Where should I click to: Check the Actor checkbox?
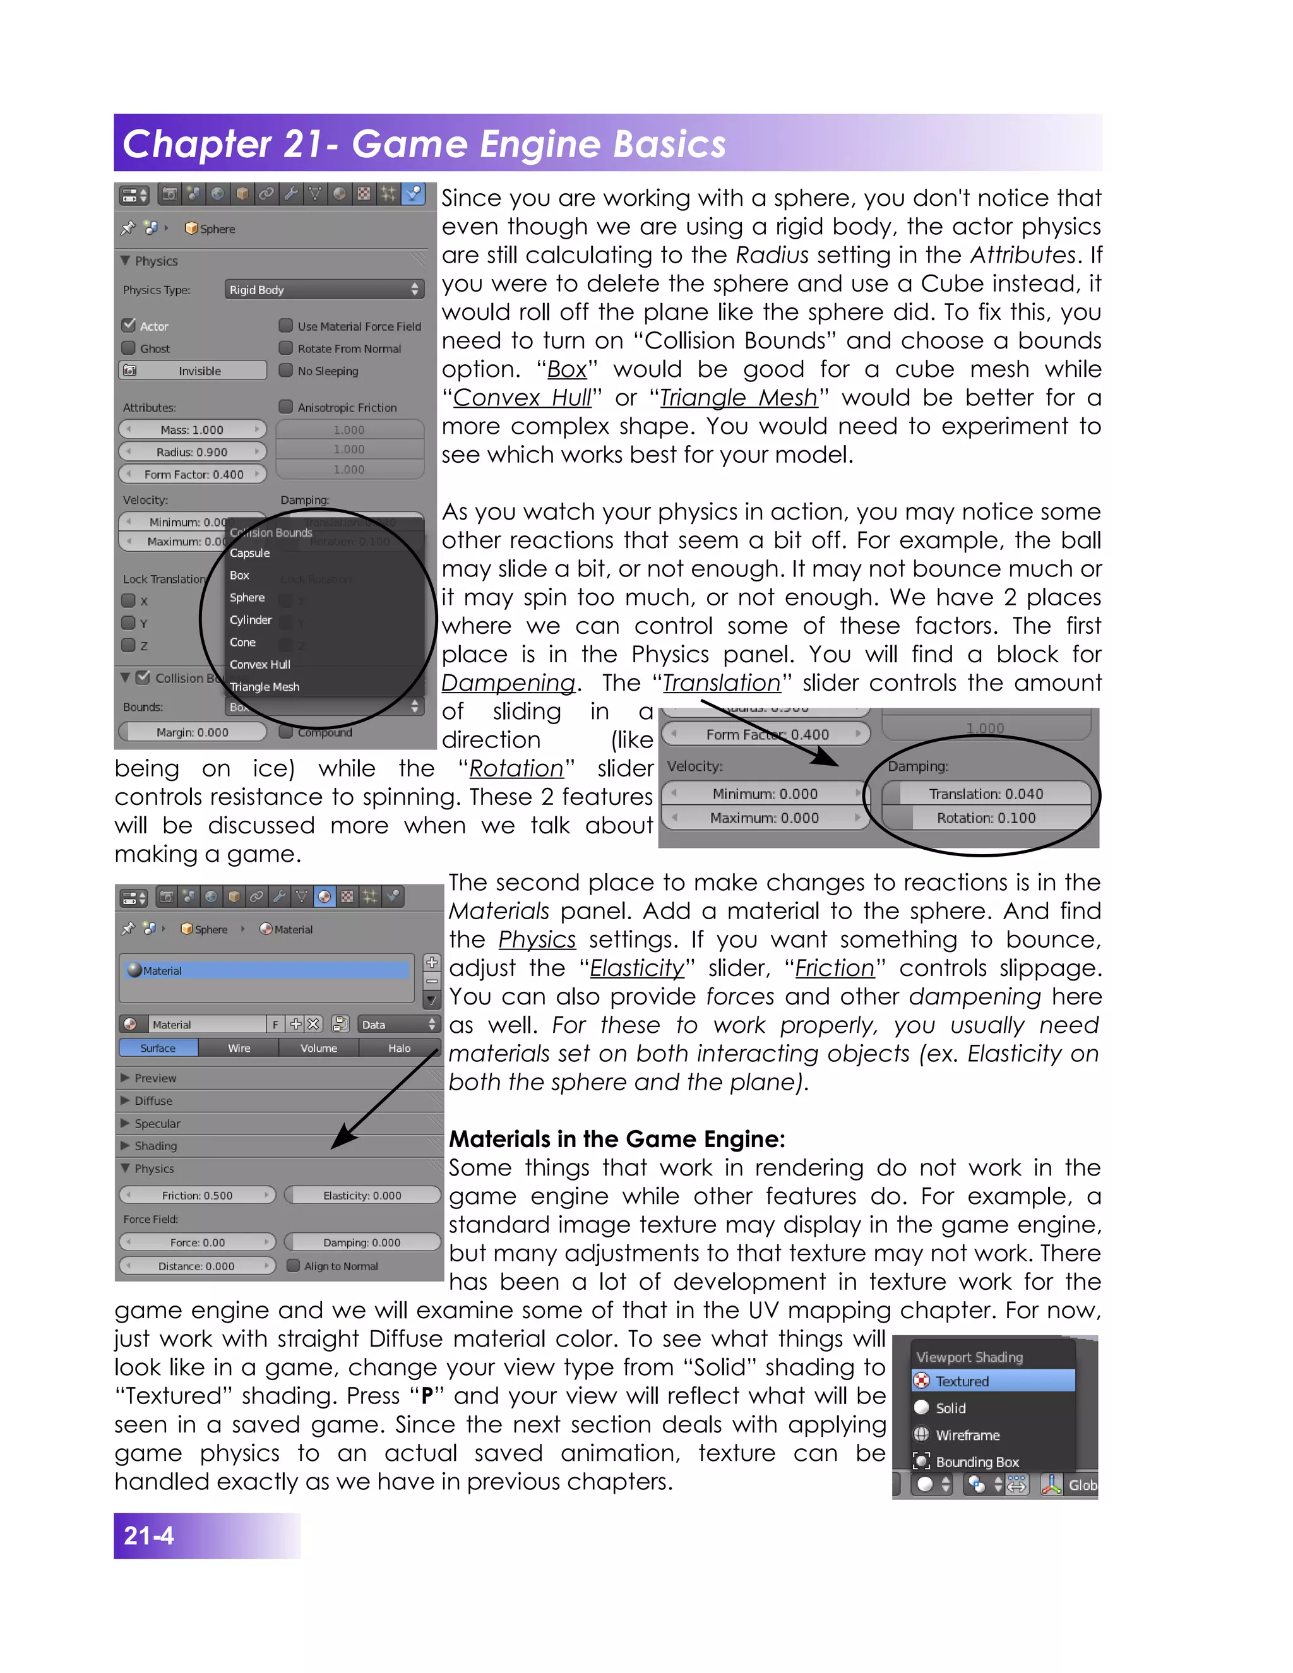[x=129, y=326]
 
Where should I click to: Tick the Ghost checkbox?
[x=129, y=348]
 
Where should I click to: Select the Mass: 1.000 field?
[x=193, y=430]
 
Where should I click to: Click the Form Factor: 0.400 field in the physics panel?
[x=193, y=474]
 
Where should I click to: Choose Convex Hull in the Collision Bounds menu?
[x=261, y=664]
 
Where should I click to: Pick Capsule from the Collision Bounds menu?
[x=250, y=552]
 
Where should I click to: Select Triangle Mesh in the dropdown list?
[x=265, y=686]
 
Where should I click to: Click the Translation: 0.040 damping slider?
[x=986, y=794]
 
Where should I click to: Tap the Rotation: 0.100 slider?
[x=986, y=818]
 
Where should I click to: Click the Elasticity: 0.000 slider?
[x=362, y=1195]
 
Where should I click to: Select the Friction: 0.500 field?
[x=197, y=1195]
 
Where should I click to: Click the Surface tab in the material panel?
[x=158, y=1048]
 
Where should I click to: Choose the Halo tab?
[x=399, y=1048]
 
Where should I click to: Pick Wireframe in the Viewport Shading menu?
[x=967, y=1435]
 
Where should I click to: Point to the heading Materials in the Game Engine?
[x=617, y=1139]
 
